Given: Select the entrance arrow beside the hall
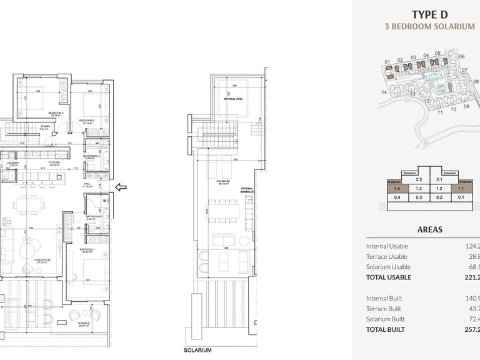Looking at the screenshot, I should click(x=122, y=186).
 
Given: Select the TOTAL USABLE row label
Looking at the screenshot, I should click(x=389, y=277).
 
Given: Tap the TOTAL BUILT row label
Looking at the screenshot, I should click(x=385, y=329).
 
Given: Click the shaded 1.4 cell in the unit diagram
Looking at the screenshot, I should click(x=397, y=187).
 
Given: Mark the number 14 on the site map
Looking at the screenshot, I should click(x=384, y=92).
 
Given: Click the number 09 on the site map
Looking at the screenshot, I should click(x=466, y=107).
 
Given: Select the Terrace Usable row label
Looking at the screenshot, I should click(x=386, y=256).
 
